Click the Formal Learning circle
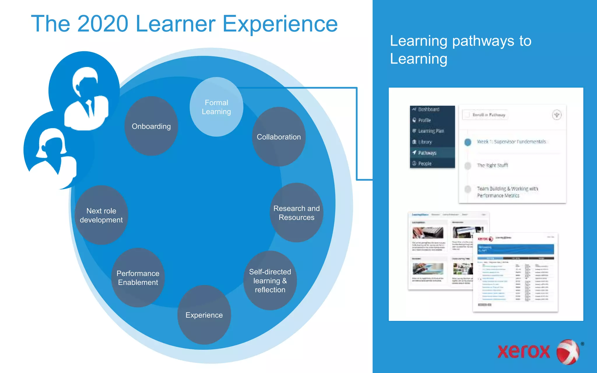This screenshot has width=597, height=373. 216,107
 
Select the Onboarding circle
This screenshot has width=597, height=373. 151,126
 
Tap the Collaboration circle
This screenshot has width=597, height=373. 279,137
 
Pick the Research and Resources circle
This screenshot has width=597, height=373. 296,213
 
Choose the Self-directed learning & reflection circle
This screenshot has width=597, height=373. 270,280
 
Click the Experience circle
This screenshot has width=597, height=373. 204,315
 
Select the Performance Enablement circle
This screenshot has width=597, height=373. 138,278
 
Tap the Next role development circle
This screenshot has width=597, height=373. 101,215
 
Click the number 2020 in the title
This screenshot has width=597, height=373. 103,24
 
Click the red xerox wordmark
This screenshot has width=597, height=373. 524,351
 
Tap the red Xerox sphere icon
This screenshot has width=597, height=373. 568,352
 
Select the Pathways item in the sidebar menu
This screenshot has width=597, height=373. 427,153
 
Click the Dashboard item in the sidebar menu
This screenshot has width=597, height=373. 429,109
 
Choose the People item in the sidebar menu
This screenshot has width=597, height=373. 425,163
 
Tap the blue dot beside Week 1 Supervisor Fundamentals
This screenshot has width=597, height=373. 468,142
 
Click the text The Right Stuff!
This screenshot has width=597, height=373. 492,165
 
